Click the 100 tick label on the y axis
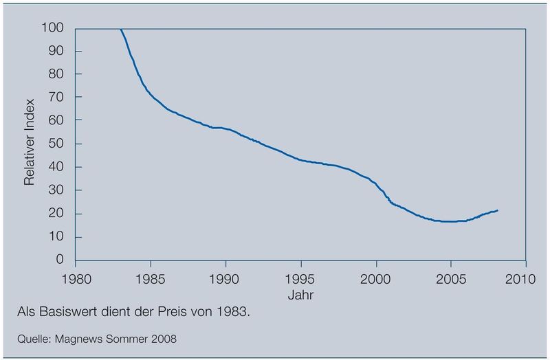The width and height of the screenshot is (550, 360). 53,28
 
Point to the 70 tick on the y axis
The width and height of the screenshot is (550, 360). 56,98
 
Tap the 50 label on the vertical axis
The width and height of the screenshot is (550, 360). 56,144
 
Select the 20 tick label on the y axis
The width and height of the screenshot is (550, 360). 56,214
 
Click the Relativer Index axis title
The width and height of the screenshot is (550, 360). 30,144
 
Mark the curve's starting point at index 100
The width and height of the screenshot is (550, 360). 120,29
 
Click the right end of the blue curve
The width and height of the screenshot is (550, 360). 498,210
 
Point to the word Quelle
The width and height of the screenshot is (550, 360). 32,338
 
